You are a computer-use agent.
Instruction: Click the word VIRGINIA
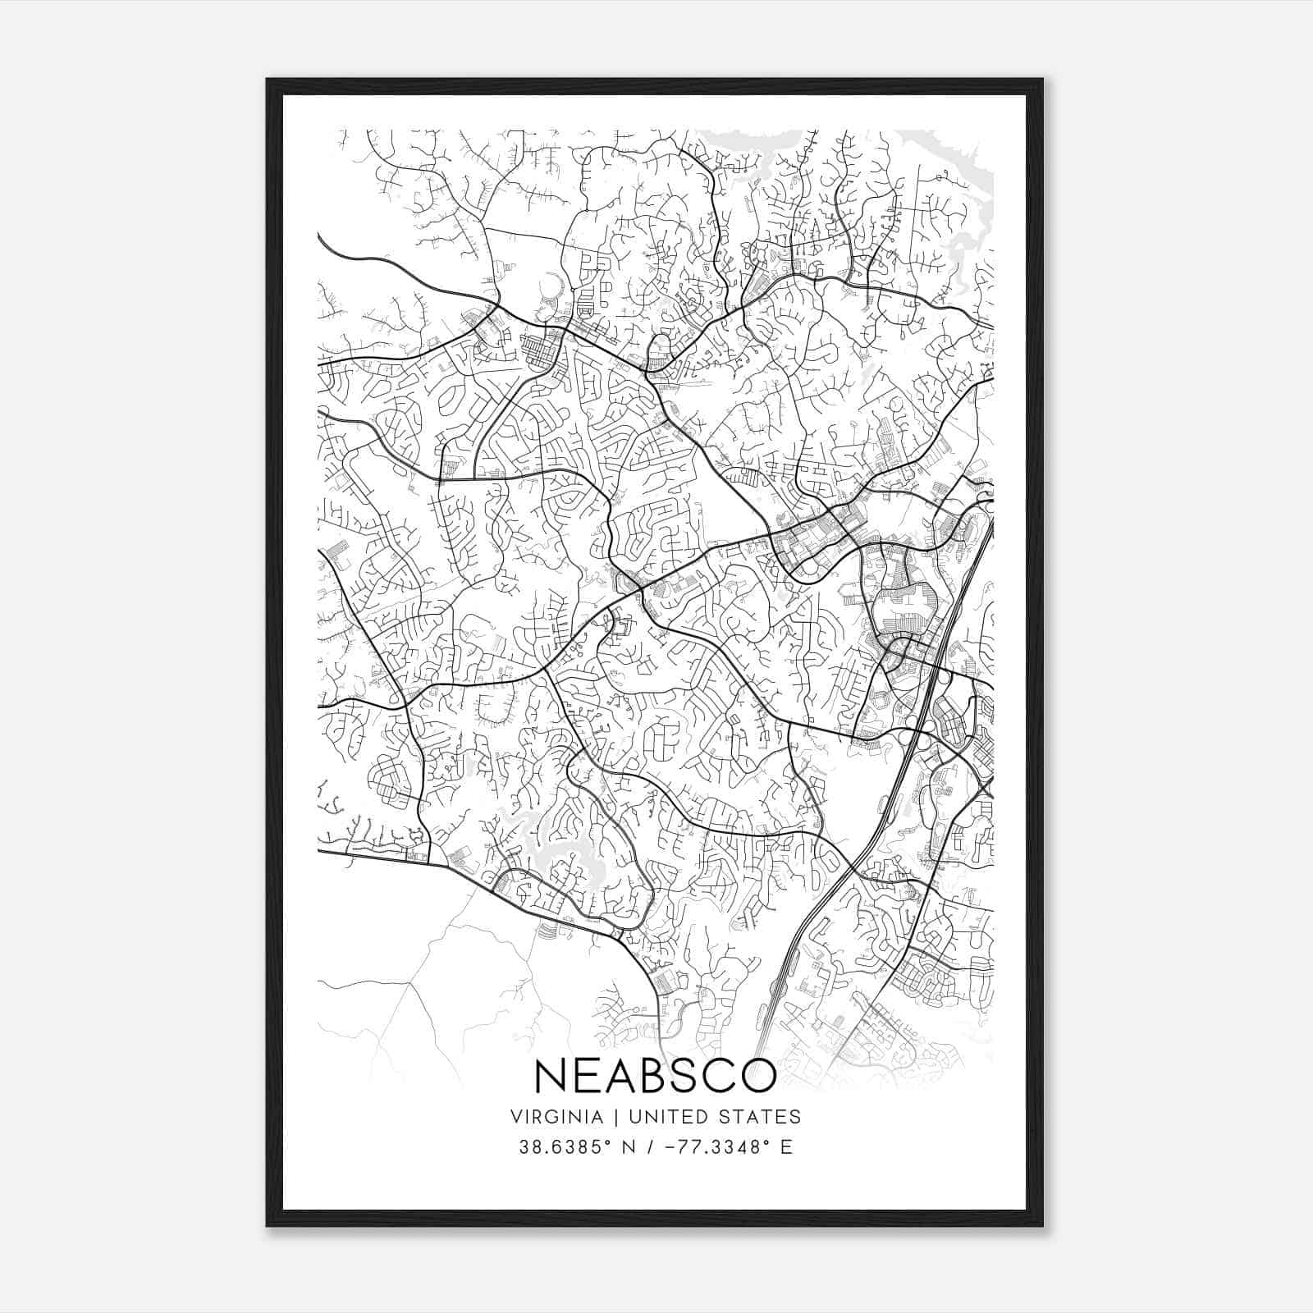557,1117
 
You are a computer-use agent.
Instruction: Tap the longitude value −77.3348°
712,1147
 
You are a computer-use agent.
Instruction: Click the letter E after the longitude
786,1147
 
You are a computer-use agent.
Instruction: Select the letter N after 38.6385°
629,1147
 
